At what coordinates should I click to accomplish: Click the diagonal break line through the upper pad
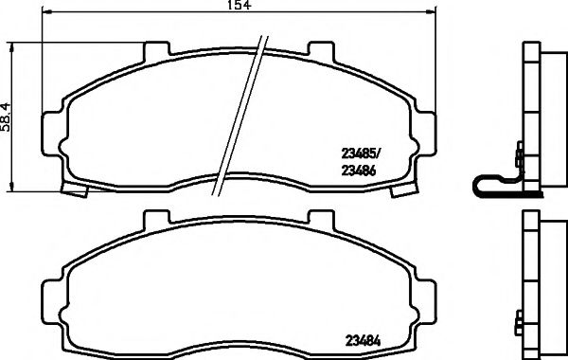[240, 114]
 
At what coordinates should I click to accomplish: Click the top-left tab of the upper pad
[156, 49]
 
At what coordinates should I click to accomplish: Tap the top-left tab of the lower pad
[156, 219]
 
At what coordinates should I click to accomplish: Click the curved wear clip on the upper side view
[492, 186]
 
